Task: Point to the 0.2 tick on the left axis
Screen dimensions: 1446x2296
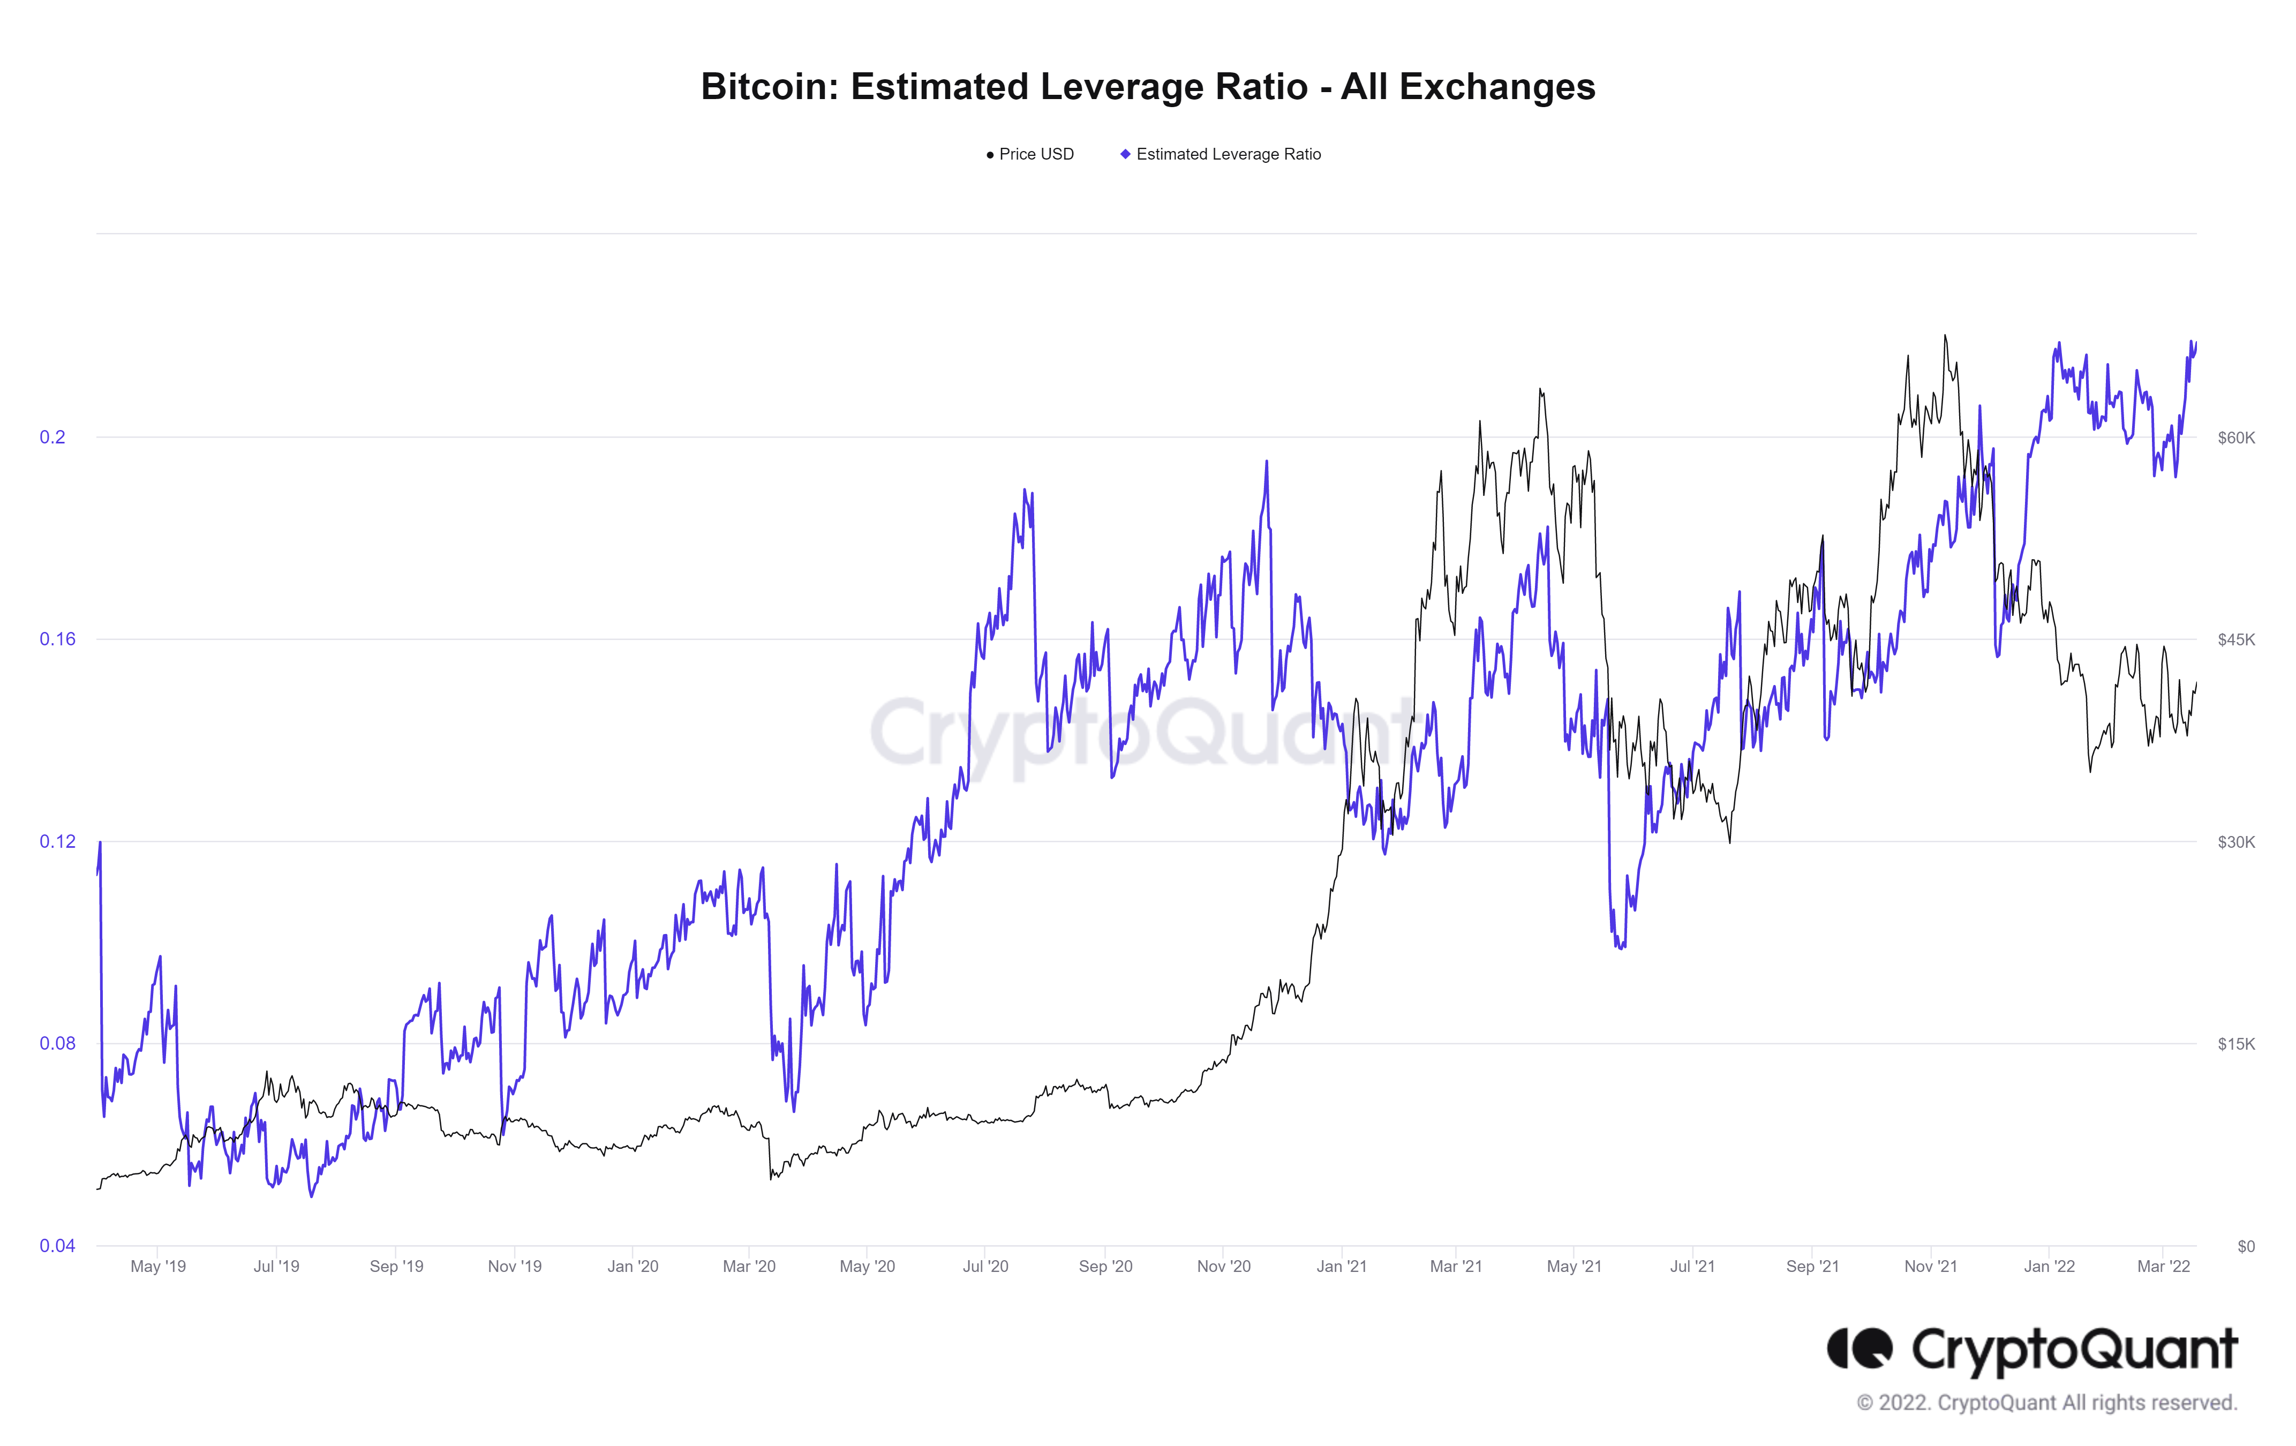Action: click(x=52, y=438)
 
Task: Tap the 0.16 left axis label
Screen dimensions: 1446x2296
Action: click(x=57, y=638)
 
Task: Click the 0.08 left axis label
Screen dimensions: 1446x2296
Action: click(x=57, y=1043)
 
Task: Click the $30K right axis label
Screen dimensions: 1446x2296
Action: click(x=2236, y=842)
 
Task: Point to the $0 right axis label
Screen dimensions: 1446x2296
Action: click(x=2246, y=1246)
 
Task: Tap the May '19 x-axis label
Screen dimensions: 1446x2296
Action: click(x=159, y=1266)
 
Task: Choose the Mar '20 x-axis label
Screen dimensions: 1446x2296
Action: click(x=749, y=1266)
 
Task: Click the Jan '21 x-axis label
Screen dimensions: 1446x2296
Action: click(x=1342, y=1266)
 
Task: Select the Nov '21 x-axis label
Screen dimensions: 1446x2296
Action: click(x=1931, y=1266)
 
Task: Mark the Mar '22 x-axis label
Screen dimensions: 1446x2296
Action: click(x=2164, y=1266)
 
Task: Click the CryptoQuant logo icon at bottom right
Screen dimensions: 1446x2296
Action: click(x=1860, y=1348)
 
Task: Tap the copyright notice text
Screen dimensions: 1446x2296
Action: click(x=2046, y=1402)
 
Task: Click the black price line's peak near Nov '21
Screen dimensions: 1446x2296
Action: click(x=1945, y=335)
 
